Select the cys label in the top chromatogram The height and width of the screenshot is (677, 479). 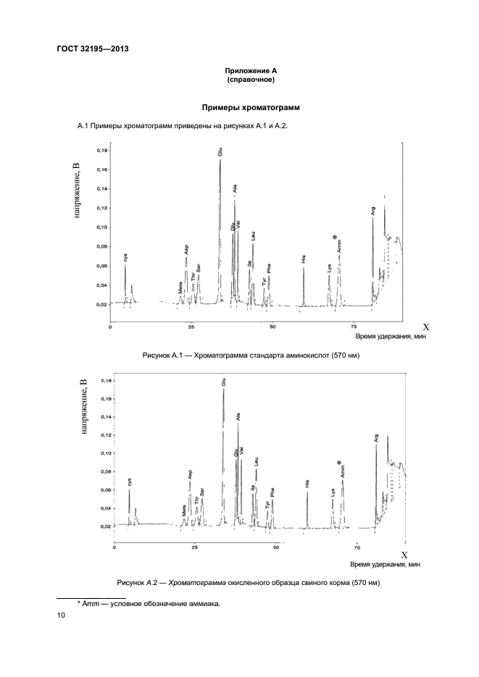coord(126,256)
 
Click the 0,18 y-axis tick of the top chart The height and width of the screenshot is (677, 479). coord(101,151)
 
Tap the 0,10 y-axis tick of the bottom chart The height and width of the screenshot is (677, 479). coord(106,453)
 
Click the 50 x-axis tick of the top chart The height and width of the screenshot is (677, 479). coord(273,327)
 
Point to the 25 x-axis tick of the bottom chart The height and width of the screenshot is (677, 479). coord(195,548)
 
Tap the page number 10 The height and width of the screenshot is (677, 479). coord(61,615)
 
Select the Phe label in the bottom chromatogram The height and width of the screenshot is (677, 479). coord(272,495)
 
